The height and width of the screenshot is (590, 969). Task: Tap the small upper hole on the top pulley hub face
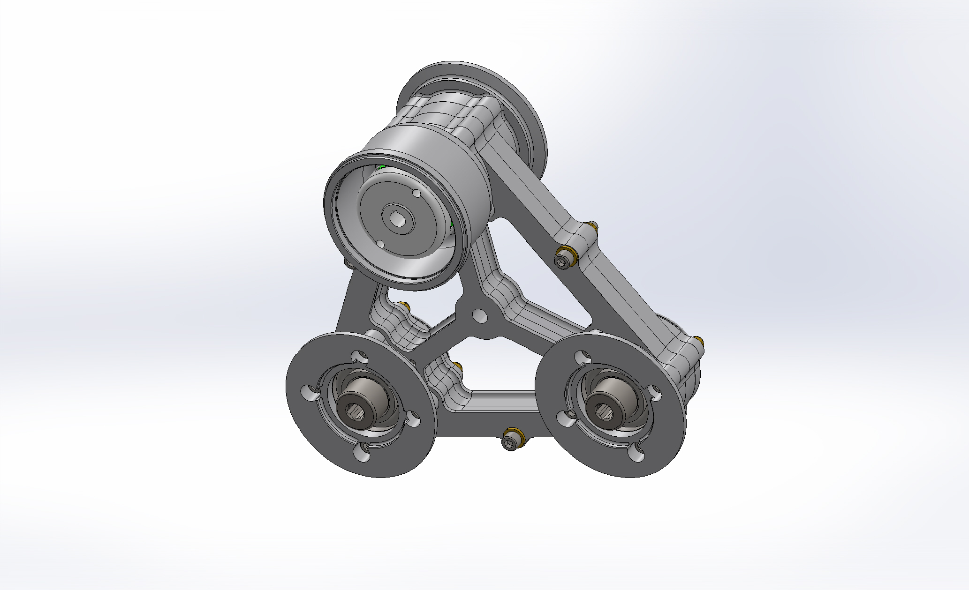pos(416,193)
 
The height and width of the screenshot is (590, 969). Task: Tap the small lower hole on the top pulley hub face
pos(380,244)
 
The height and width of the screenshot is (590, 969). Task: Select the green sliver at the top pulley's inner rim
pos(381,167)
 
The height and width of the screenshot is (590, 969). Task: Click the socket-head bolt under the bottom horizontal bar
pos(510,443)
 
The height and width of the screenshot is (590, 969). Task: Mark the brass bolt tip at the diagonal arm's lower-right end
pos(699,339)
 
